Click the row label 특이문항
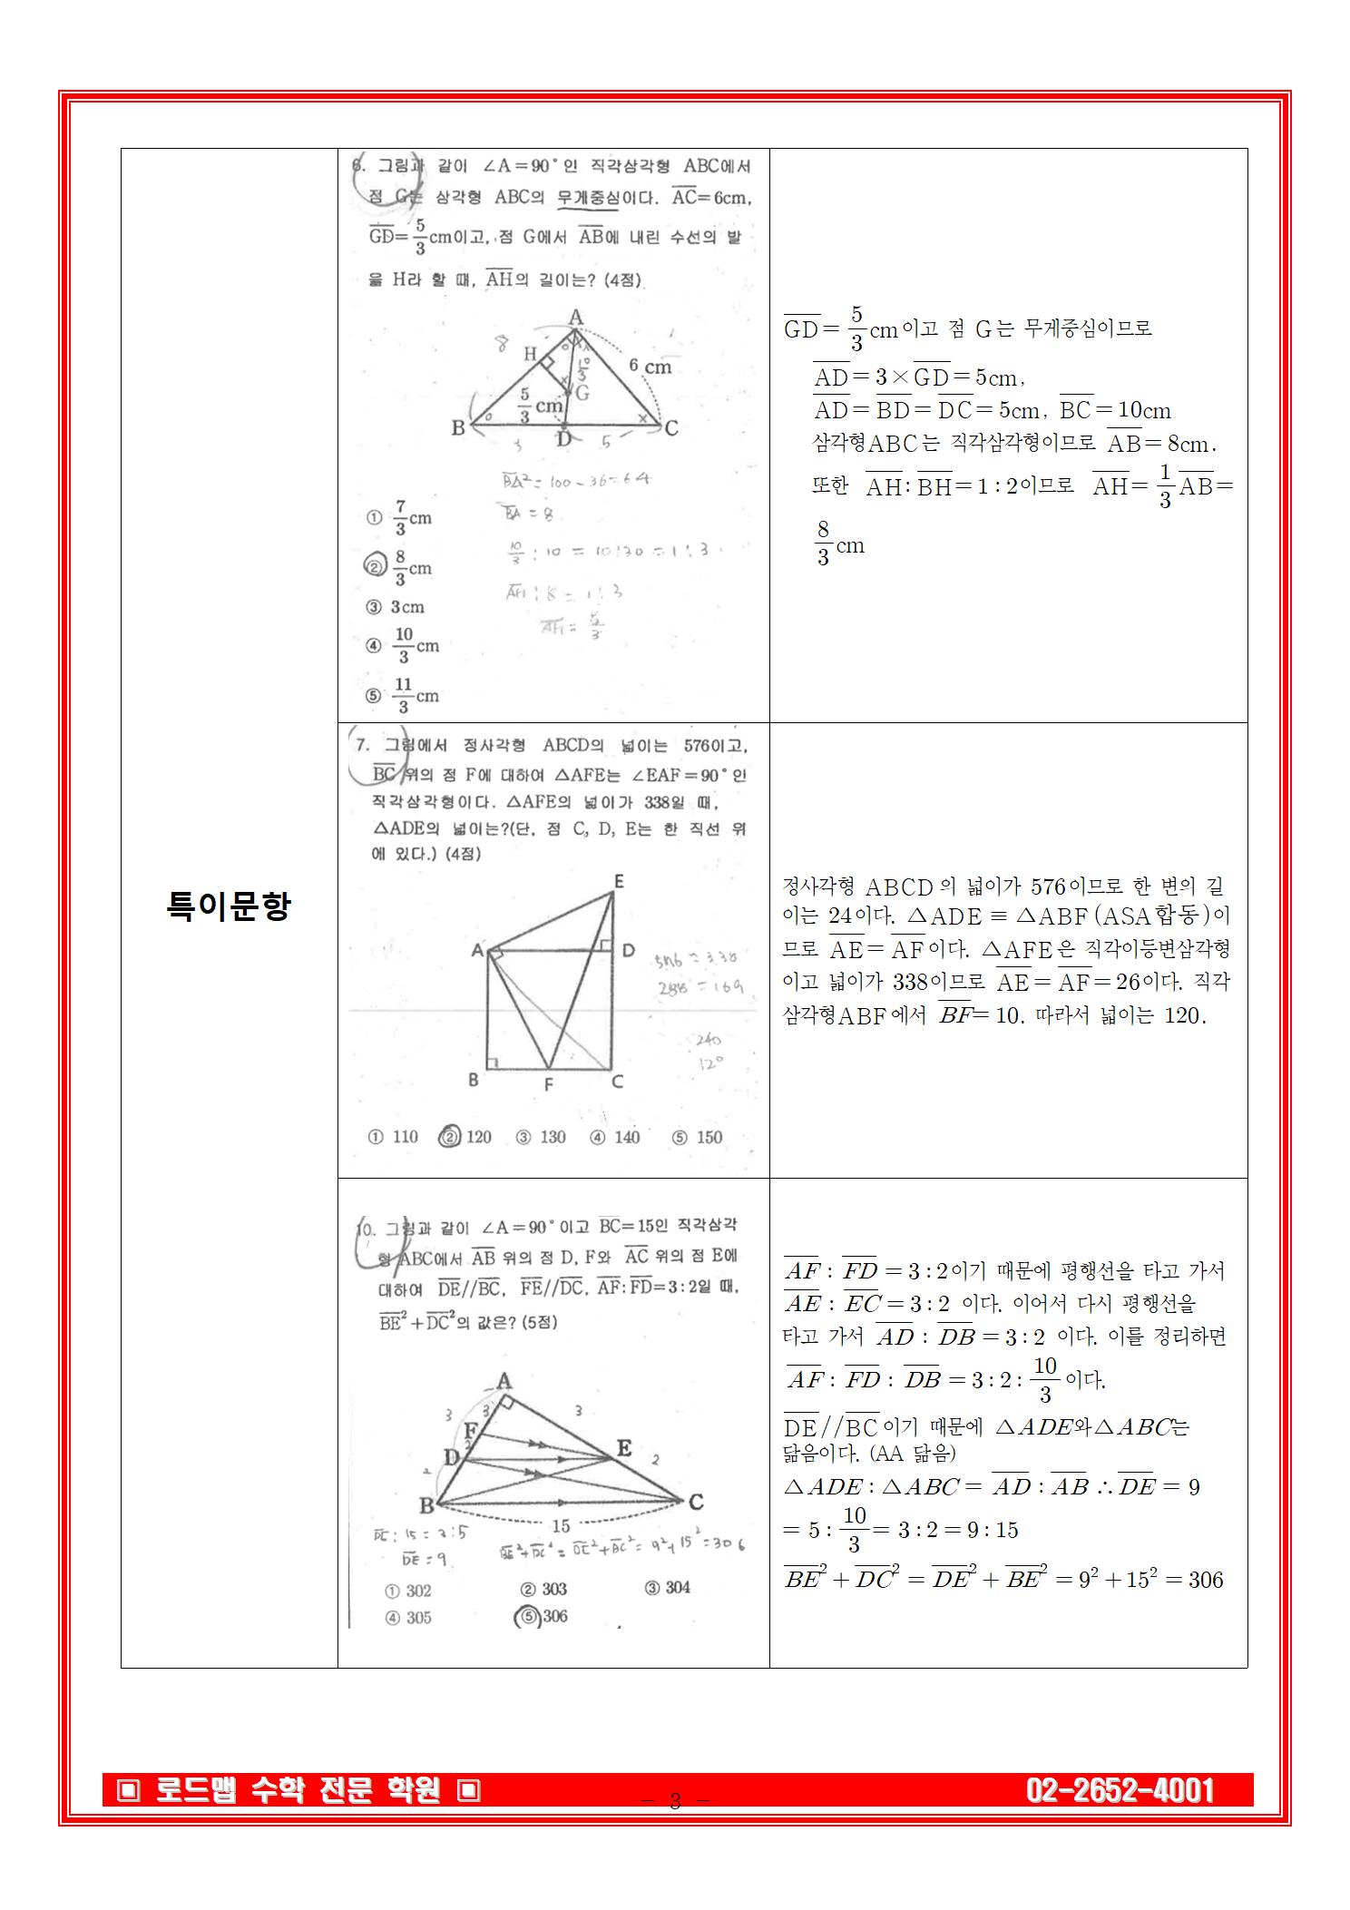point(229,906)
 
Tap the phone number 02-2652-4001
point(1120,1790)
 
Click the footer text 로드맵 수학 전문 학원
point(298,1790)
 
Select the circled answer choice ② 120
point(465,1137)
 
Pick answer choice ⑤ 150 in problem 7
point(698,1137)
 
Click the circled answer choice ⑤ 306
point(542,1616)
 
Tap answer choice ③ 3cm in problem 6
point(396,607)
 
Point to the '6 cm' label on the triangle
point(650,367)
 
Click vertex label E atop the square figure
point(619,881)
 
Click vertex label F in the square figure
point(548,1084)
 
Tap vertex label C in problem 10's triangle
point(696,1502)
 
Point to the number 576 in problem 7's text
point(700,746)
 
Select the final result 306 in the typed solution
point(1206,1580)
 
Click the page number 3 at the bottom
point(675,1801)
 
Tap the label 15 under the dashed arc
point(561,1526)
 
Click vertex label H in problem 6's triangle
point(531,353)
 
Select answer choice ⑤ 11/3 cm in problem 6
point(403,696)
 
